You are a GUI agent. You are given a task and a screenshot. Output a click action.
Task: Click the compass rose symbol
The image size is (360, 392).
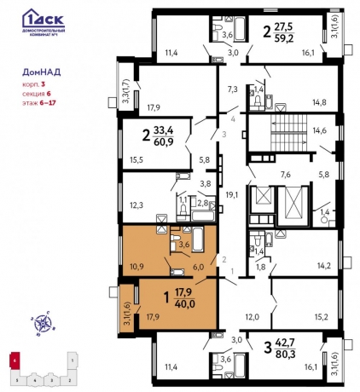click(39, 322)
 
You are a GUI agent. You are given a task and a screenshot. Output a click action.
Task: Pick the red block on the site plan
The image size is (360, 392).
click(15, 362)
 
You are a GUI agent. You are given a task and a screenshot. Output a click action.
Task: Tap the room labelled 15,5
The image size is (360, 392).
click(135, 159)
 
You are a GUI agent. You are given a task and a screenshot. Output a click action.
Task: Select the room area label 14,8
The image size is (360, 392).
click(319, 102)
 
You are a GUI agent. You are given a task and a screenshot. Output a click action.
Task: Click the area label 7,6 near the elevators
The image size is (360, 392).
click(286, 175)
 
